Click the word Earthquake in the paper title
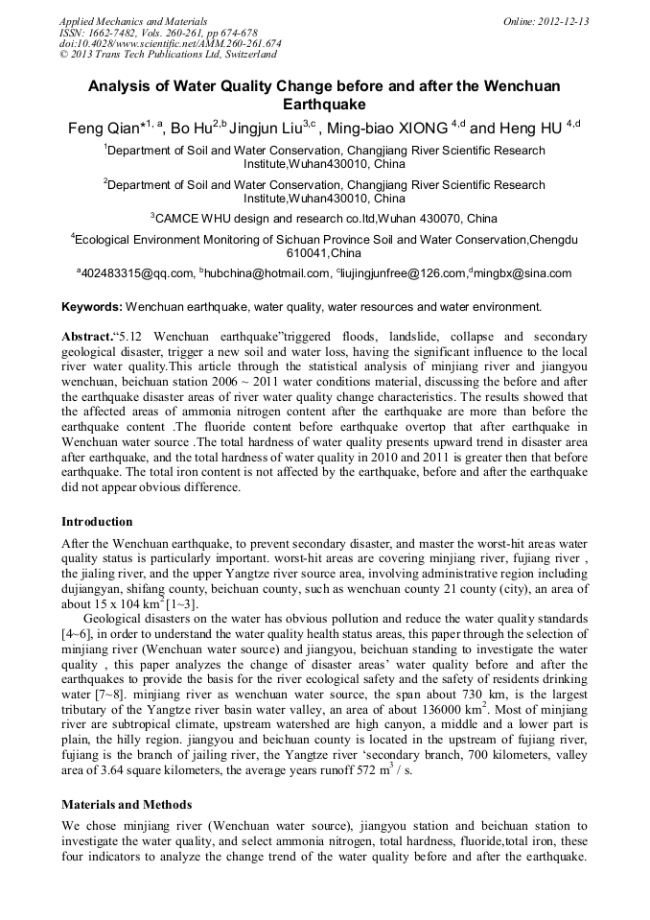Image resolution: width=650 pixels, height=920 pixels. (324, 105)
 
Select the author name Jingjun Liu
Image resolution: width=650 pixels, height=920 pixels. (267, 129)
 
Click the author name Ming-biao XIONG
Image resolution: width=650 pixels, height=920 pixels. (388, 129)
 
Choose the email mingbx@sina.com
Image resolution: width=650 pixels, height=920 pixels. (522, 273)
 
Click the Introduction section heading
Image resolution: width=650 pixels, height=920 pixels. (97, 522)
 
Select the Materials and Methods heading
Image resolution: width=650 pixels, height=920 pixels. (127, 804)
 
